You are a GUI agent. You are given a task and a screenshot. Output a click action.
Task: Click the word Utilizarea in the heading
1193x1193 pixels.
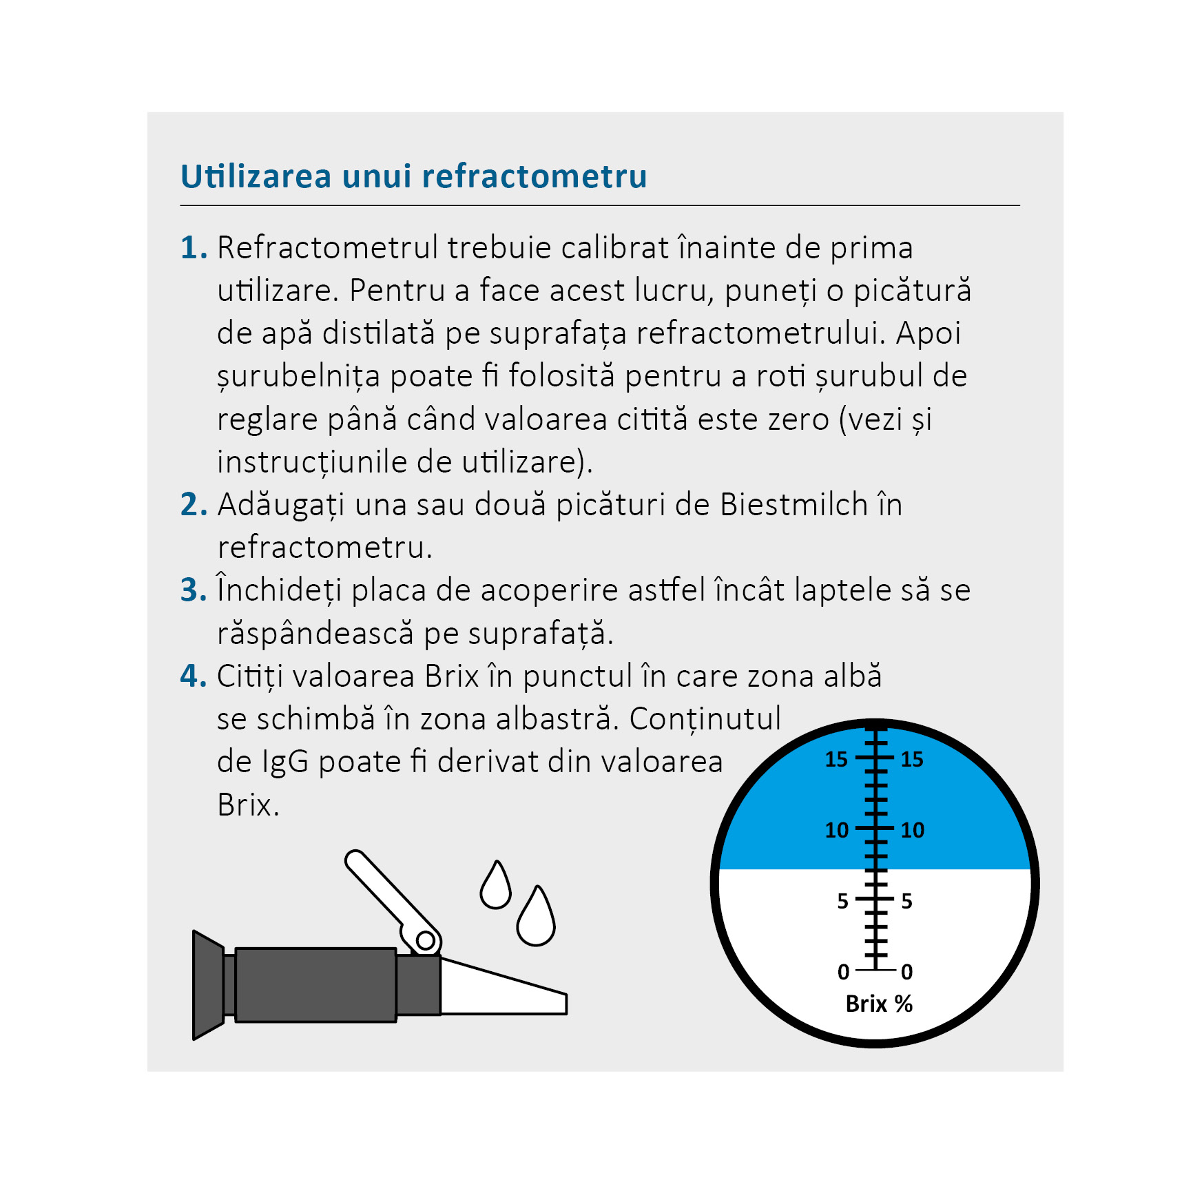tap(256, 176)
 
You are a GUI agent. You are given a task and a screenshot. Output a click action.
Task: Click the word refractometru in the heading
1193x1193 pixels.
tap(535, 176)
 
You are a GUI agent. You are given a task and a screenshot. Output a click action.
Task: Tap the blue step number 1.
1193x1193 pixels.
tap(193, 248)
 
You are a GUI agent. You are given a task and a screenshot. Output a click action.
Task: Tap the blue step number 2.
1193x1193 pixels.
tap(193, 505)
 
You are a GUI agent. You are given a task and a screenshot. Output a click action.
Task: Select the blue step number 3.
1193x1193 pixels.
tap(193, 590)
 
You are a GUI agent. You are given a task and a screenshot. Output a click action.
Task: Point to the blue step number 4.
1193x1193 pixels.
tap(193, 676)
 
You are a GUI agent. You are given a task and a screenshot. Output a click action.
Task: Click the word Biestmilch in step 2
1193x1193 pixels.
tap(793, 505)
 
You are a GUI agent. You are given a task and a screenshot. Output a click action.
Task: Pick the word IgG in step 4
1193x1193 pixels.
tap(284, 763)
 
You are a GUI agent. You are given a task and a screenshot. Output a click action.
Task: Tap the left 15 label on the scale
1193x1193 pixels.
tap(836, 759)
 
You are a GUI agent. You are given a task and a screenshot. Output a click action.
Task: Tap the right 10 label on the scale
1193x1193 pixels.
tap(913, 830)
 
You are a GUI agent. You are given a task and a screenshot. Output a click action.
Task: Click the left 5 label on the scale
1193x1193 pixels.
tap(842, 901)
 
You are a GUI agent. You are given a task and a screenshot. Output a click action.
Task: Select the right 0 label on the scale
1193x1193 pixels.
tap(907, 972)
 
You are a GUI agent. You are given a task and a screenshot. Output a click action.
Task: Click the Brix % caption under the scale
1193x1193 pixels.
tap(879, 1004)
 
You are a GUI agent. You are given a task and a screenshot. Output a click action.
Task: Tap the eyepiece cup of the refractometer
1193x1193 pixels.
tap(207, 985)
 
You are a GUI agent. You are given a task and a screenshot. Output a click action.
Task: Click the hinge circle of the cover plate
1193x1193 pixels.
tap(425, 940)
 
